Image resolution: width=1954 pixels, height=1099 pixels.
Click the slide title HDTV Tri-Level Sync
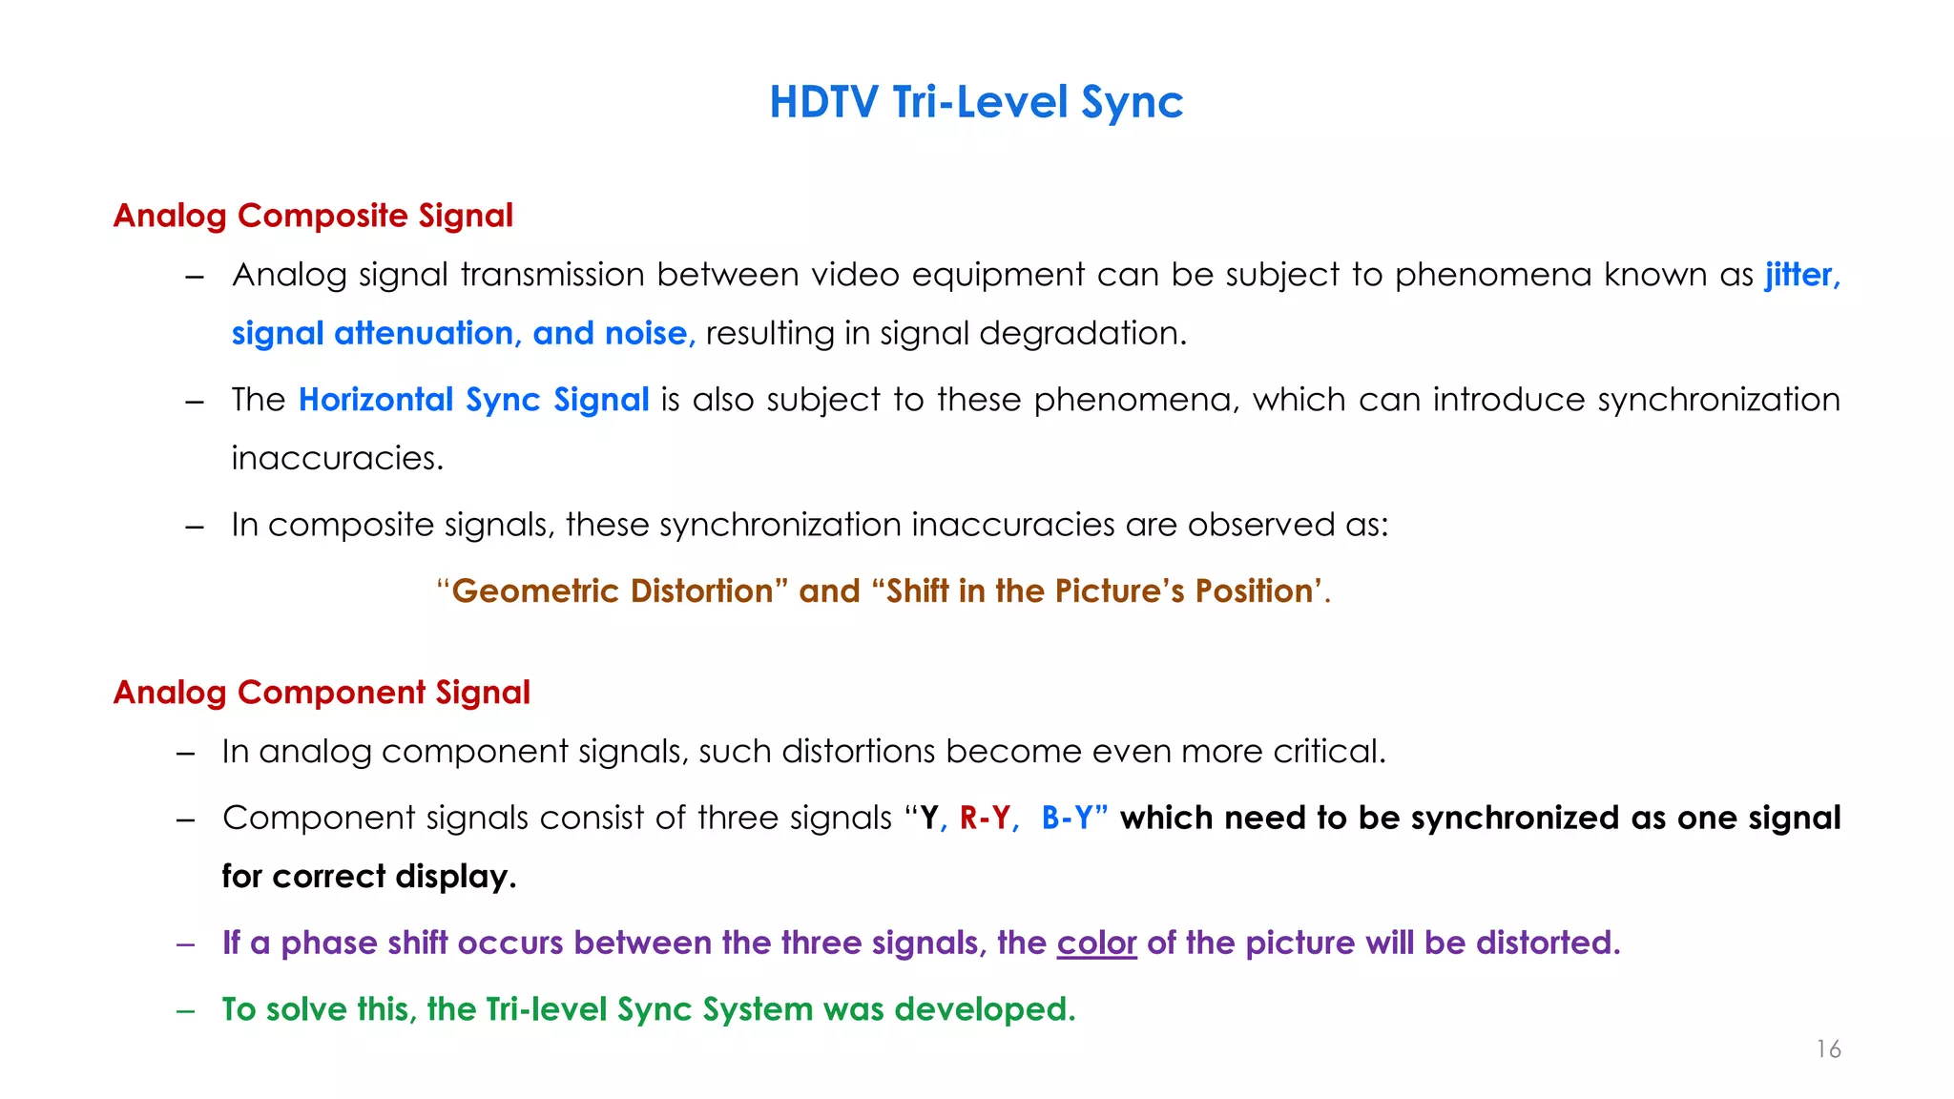pyautogui.click(x=976, y=102)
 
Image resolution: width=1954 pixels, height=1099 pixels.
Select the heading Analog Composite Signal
pyautogui.click(x=313, y=216)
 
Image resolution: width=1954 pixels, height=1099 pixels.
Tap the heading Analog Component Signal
pyautogui.click(x=322, y=693)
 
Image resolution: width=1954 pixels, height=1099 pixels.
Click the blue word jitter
pyautogui.click(x=1799, y=275)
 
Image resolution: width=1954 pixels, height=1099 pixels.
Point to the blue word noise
pyautogui.click(x=646, y=333)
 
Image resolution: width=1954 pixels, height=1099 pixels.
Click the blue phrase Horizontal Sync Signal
pyautogui.click(x=473, y=400)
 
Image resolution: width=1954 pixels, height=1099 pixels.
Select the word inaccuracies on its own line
pyautogui.click(x=337, y=458)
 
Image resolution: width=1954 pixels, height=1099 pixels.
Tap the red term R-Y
pyautogui.click(x=985, y=819)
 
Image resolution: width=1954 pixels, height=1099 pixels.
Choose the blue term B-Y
pyautogui.click(x=1067, y=819)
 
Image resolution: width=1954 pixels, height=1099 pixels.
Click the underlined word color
pyautogui.click(x=1096, y=943)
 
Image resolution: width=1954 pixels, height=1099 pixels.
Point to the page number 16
pyautogui.click(x=1828, y=1049)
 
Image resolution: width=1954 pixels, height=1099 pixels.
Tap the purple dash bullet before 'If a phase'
pyautogui.click(x=186, y=943)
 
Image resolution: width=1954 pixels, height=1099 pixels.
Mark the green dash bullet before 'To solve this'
pyautogui.click(x=186, y=1010)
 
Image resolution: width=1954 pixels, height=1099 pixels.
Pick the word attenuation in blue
pyautogui.click(x=424, y=333)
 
